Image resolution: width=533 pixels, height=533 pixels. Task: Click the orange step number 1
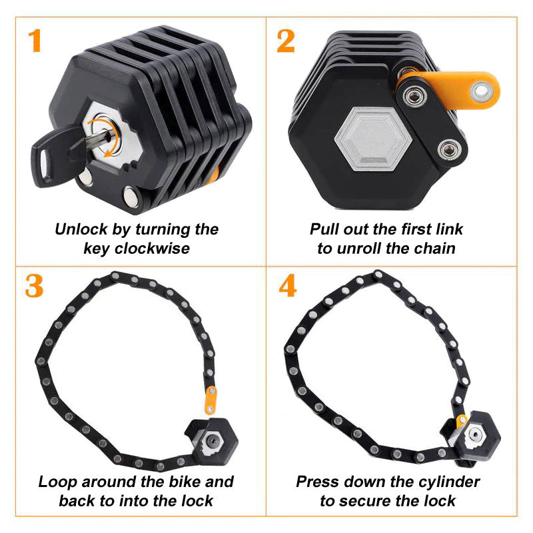click(35, 41)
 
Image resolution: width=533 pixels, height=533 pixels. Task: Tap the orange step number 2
click(286, 41)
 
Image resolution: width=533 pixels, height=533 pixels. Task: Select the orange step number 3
click(34, 285)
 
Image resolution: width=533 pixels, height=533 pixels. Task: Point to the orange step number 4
click(287, 285)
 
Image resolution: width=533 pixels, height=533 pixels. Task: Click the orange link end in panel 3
click(211, 398)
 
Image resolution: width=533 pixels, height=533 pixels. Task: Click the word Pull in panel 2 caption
click(324, 230)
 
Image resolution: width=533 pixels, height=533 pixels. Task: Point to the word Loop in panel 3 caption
click(56, 482)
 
